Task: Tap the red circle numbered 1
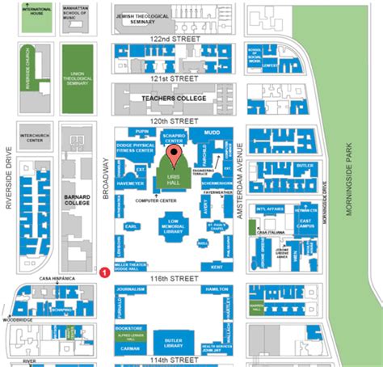104,272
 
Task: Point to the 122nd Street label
173,38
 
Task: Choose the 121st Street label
173,78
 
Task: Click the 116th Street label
173,278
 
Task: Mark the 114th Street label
173,359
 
